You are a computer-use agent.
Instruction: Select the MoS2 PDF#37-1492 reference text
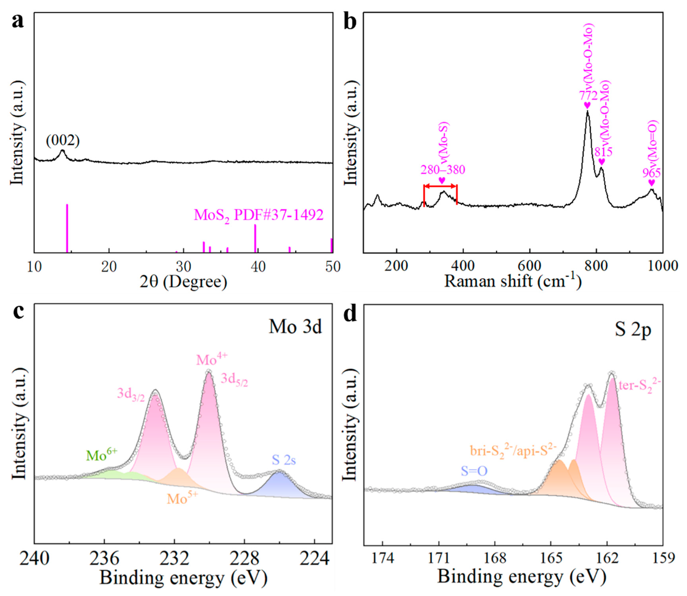pyautogui.click(x=259, y=216)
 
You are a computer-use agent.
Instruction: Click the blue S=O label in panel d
pyautogui.click(x=474, y=471)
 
